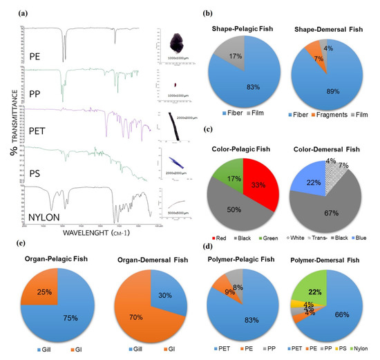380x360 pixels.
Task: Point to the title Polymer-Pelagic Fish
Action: click(x=244, y=245)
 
